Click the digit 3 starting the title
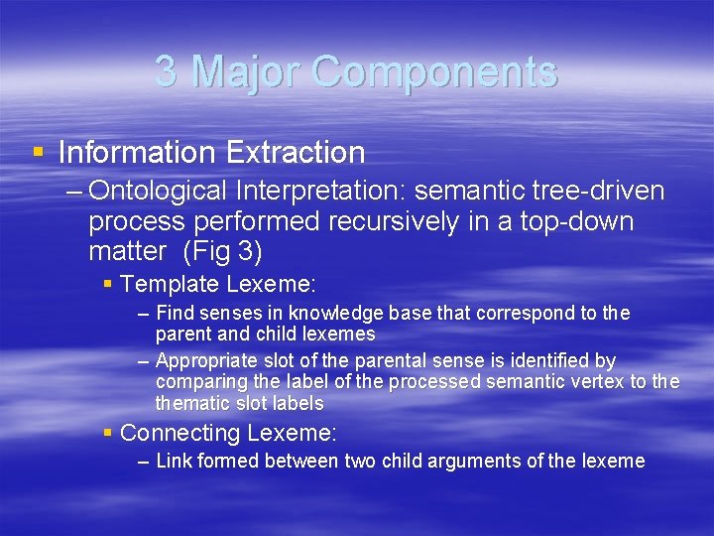167,72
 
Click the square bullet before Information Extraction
39,153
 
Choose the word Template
170,284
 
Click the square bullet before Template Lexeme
108,284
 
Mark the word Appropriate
202,360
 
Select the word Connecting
180,433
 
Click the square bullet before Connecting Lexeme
108,433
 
